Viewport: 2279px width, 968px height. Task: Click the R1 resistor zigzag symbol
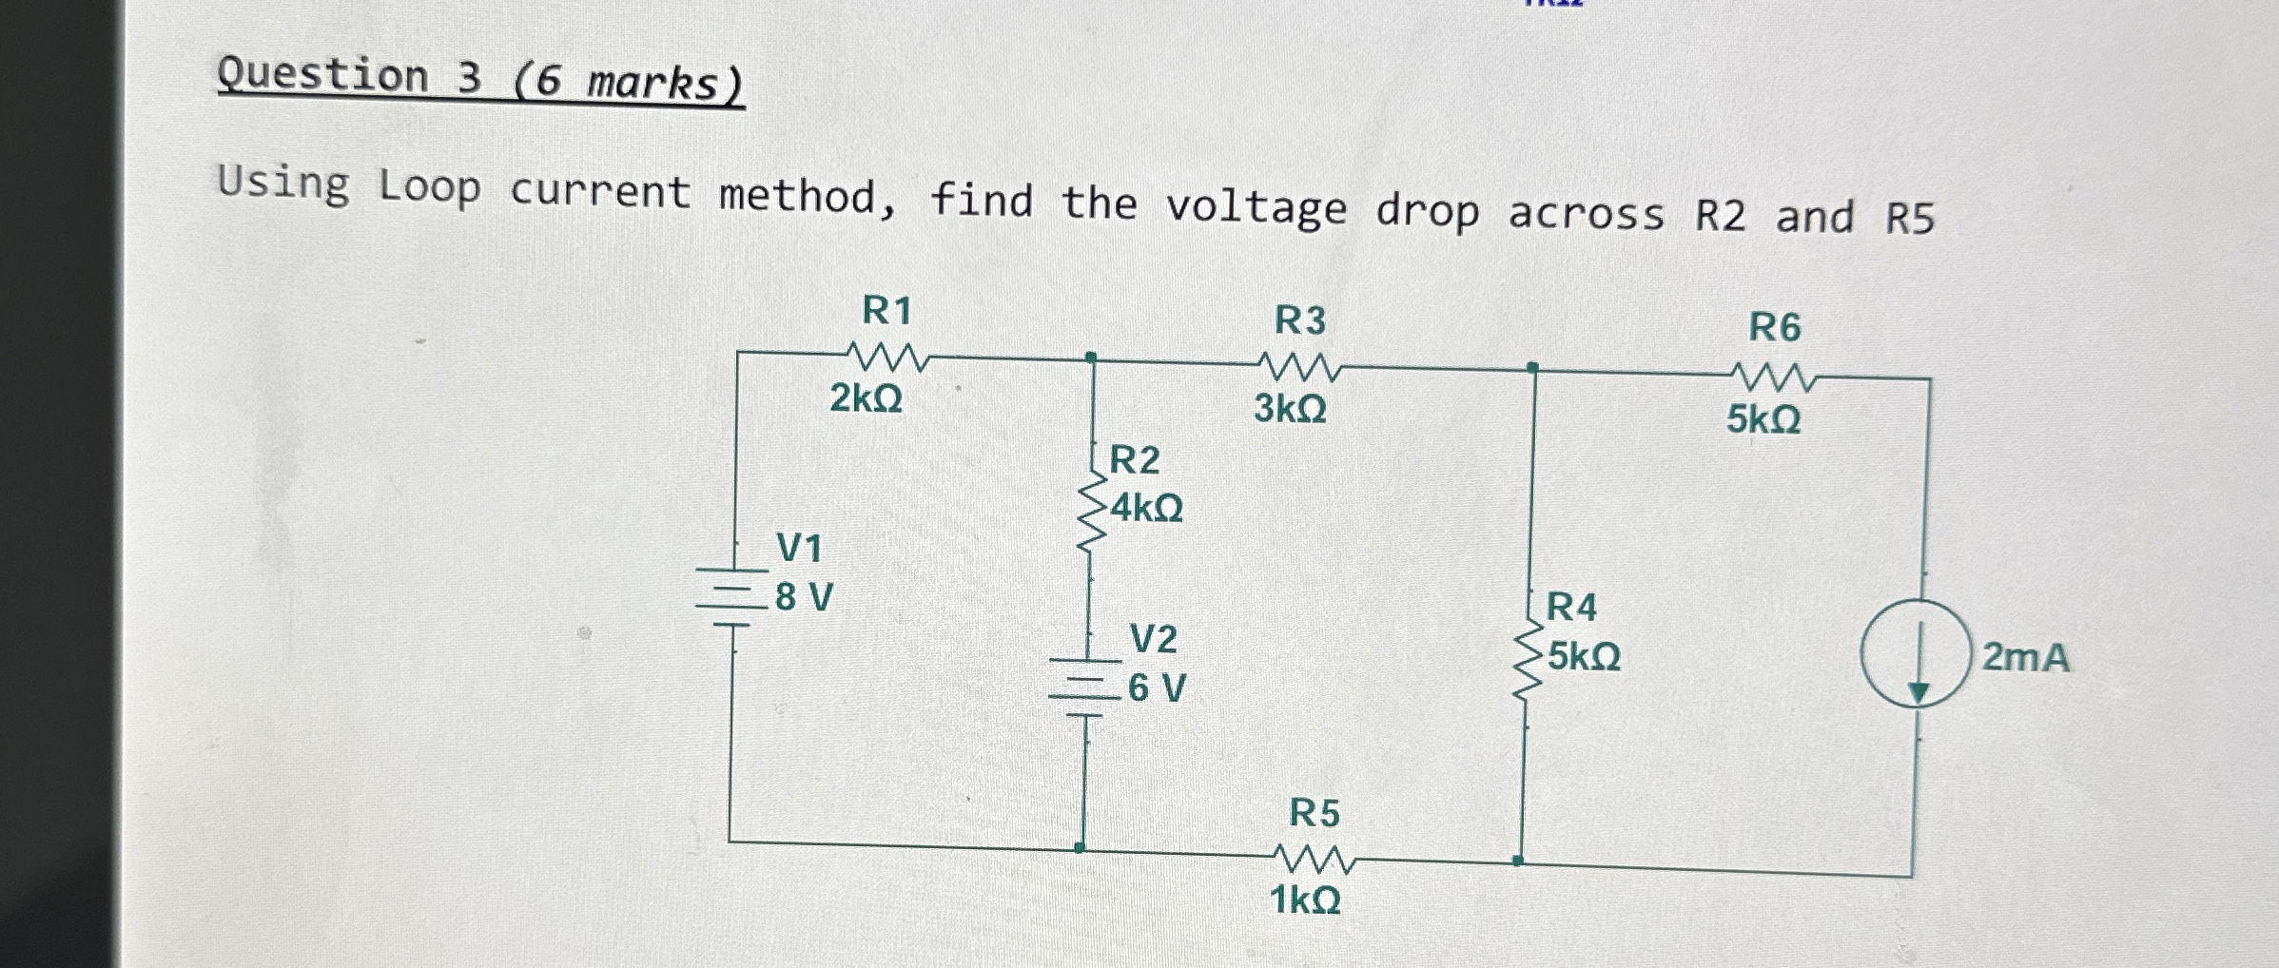click(887, 358)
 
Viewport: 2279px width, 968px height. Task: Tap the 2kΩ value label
click(866, 397)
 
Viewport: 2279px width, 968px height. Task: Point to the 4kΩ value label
click(1147, 509)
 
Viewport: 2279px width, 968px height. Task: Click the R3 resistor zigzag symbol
click(1299, 367)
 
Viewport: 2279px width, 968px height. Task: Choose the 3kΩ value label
click(1290, 409)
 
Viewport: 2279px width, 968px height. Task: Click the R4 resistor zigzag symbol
click(1527, 661)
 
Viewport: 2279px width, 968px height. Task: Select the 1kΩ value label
click(1305, 900)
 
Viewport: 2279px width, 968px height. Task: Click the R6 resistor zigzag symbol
click(1774, 378)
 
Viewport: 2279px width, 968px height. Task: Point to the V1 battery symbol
click(731, 597)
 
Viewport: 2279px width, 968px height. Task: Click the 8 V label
click(804, 598)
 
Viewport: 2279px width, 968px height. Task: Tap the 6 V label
click(1157, 687)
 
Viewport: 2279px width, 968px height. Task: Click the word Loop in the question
click(429, 186)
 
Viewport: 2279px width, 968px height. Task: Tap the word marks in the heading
click(653, 83)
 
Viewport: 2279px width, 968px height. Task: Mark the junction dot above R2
click(1091, 358)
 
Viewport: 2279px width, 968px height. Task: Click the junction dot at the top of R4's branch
click(1532, 367)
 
